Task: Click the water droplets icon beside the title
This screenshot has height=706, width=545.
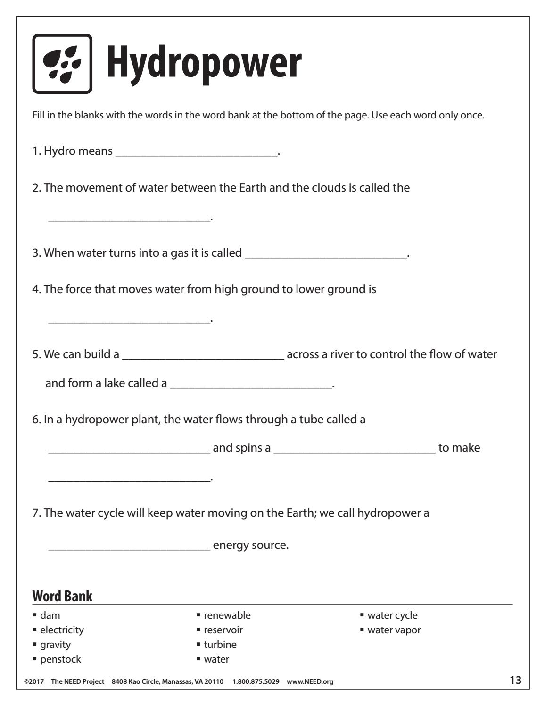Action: point(62,64)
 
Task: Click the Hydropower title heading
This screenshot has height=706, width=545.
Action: point(204,63)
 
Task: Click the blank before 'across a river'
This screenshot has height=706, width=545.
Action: point(203,355)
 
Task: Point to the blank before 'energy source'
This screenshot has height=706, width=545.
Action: point(129,546)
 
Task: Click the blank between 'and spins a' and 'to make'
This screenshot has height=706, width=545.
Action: point(355,449)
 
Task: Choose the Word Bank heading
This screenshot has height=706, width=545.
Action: point(62,596)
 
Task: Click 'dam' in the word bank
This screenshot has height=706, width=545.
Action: point(50,615)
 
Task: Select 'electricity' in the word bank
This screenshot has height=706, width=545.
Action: point(62,630)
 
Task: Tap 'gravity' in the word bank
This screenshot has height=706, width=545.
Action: point(55,645)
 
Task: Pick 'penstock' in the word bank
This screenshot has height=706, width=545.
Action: point(60,659)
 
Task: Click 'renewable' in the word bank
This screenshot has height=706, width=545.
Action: point(227,615)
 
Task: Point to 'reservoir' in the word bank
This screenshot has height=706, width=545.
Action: point(223,630)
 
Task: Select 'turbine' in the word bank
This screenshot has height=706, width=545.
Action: point(220,645)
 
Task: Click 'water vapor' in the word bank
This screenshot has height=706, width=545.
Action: point(394,630)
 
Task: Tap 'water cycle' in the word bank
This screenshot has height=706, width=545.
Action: point(392,615)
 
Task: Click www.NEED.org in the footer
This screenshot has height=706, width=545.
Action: point(310,681)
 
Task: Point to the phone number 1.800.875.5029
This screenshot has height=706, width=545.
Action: point(256,681)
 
